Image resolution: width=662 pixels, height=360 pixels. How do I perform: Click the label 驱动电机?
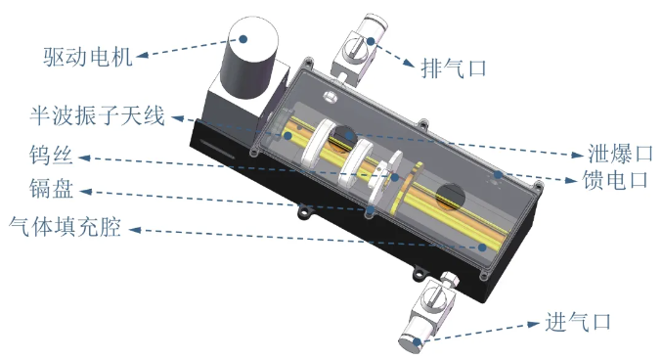tap(88, 57)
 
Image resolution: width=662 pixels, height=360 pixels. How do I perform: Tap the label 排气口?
tap(454, 68)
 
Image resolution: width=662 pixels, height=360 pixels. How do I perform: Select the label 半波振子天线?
tap(97, 115)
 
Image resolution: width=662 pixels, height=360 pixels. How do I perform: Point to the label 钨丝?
tap(51, 155)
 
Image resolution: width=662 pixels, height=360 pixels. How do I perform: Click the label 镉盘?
tap(52, 189)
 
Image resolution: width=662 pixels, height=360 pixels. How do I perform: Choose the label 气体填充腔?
tap(65, 227)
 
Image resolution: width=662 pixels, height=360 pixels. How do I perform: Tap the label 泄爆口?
tap(621, 154)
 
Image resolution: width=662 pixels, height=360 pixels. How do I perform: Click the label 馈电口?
tap(615, 180)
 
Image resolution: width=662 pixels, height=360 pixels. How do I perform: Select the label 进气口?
tap(578, 322)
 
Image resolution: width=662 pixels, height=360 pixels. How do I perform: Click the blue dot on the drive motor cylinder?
tap(243, 39)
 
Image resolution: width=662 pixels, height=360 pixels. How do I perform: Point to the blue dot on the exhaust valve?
tap(371, 41)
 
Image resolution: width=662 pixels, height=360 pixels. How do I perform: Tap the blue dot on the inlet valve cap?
tap(418, 341)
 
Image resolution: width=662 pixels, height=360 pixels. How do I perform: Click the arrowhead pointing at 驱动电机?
tap(143, 55)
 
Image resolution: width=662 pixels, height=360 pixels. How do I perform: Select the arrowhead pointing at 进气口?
tap(534, 324)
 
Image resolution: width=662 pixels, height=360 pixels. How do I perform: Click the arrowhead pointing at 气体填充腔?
tap(135, 230)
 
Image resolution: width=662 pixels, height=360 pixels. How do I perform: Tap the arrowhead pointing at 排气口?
tap(409, 64)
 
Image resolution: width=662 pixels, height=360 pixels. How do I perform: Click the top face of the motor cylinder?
tap(253, 37)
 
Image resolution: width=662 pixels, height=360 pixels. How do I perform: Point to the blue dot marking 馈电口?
tap(499, 174)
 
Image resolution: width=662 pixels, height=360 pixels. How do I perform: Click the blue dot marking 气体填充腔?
tap(482, 247)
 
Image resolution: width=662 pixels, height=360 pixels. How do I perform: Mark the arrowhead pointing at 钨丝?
tap(85, 158)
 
